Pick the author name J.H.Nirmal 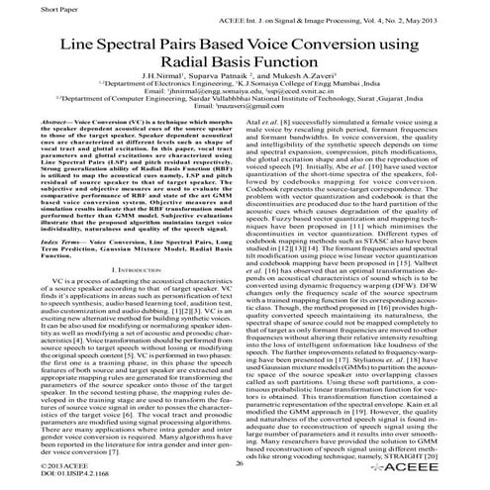click(x=165, y=88)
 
